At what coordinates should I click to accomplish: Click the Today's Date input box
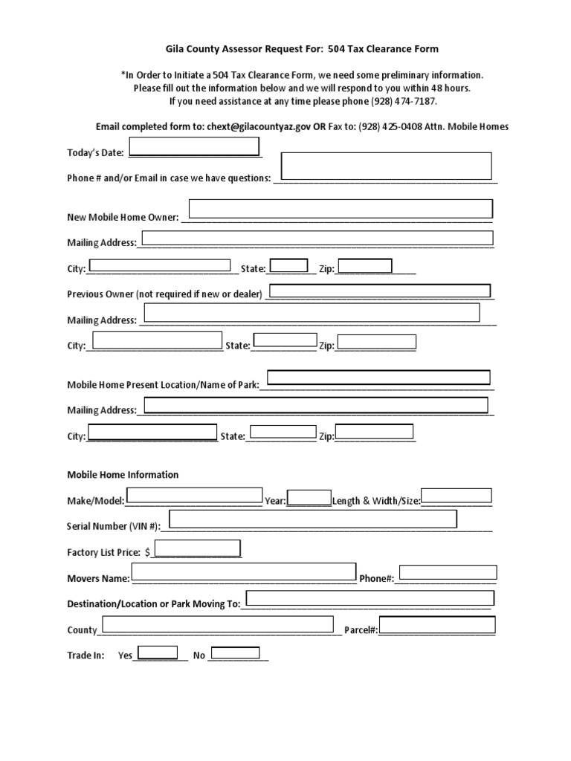(194, 146)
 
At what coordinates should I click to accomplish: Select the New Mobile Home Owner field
(341, 209)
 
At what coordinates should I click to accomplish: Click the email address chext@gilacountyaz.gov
(258, 127)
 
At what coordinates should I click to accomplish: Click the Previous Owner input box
(379, 291)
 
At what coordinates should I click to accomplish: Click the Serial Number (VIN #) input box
(313, 519)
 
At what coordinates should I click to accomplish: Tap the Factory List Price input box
(197, 548)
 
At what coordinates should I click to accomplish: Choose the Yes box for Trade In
(158, 652)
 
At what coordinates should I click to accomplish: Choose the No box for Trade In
(235, 653)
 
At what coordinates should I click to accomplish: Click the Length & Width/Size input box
(457, 496)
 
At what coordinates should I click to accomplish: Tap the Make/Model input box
(194, 496)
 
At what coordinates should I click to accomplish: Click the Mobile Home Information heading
(123, 475)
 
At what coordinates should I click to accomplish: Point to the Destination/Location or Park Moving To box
(370, 599)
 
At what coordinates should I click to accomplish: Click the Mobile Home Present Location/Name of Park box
(378, 378)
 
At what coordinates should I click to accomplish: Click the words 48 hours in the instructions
(451, 88)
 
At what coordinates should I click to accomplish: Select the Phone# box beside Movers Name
(448, 572)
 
